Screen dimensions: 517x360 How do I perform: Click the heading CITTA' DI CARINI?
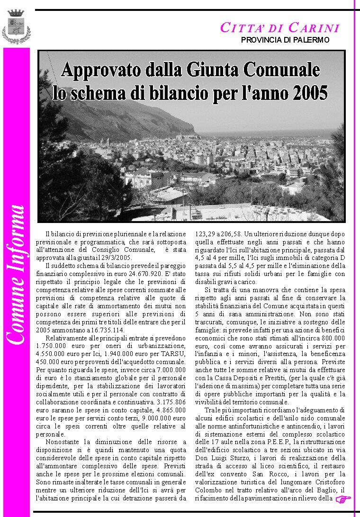tap(280, 28)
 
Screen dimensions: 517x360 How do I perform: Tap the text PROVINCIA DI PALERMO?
tap(285, 40)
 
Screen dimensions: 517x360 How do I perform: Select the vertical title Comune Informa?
tap(16, 275)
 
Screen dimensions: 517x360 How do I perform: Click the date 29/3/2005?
tap(115, 258)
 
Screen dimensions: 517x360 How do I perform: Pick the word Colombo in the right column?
tap(208, 490)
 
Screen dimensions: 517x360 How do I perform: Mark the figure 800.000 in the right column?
tap(332, 338)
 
